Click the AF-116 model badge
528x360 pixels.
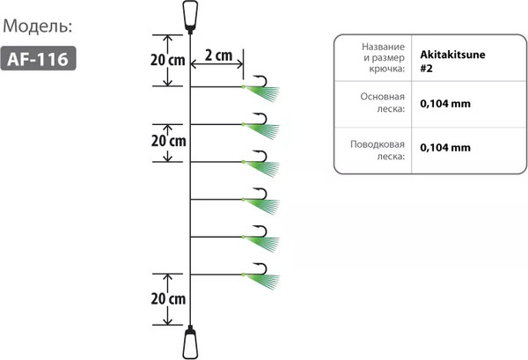pos(39,58)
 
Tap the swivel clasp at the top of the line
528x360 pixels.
pos(190,17)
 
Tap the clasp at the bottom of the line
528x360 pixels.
pos(190,342)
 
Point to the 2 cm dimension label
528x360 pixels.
pos(218,55)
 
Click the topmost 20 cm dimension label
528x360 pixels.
pos(168,60)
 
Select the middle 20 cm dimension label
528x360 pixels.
pos(168,141)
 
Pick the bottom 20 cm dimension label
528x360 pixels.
pos(168,298)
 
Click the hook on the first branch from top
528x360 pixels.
pos(262,81)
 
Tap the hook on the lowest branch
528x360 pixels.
pos(262,268)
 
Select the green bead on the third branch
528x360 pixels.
pos(243,162)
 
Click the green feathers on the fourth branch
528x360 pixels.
pos(263,206)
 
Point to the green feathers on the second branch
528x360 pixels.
pos(263,130)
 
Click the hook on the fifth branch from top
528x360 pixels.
pos(262,231)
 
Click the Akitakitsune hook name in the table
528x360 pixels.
pos(452,55)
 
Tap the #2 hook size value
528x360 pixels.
pos(426,69)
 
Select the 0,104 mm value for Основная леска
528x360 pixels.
pos(445,104)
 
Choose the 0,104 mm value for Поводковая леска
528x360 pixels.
pos(445,148)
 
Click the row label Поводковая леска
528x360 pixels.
pos(378,151)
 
